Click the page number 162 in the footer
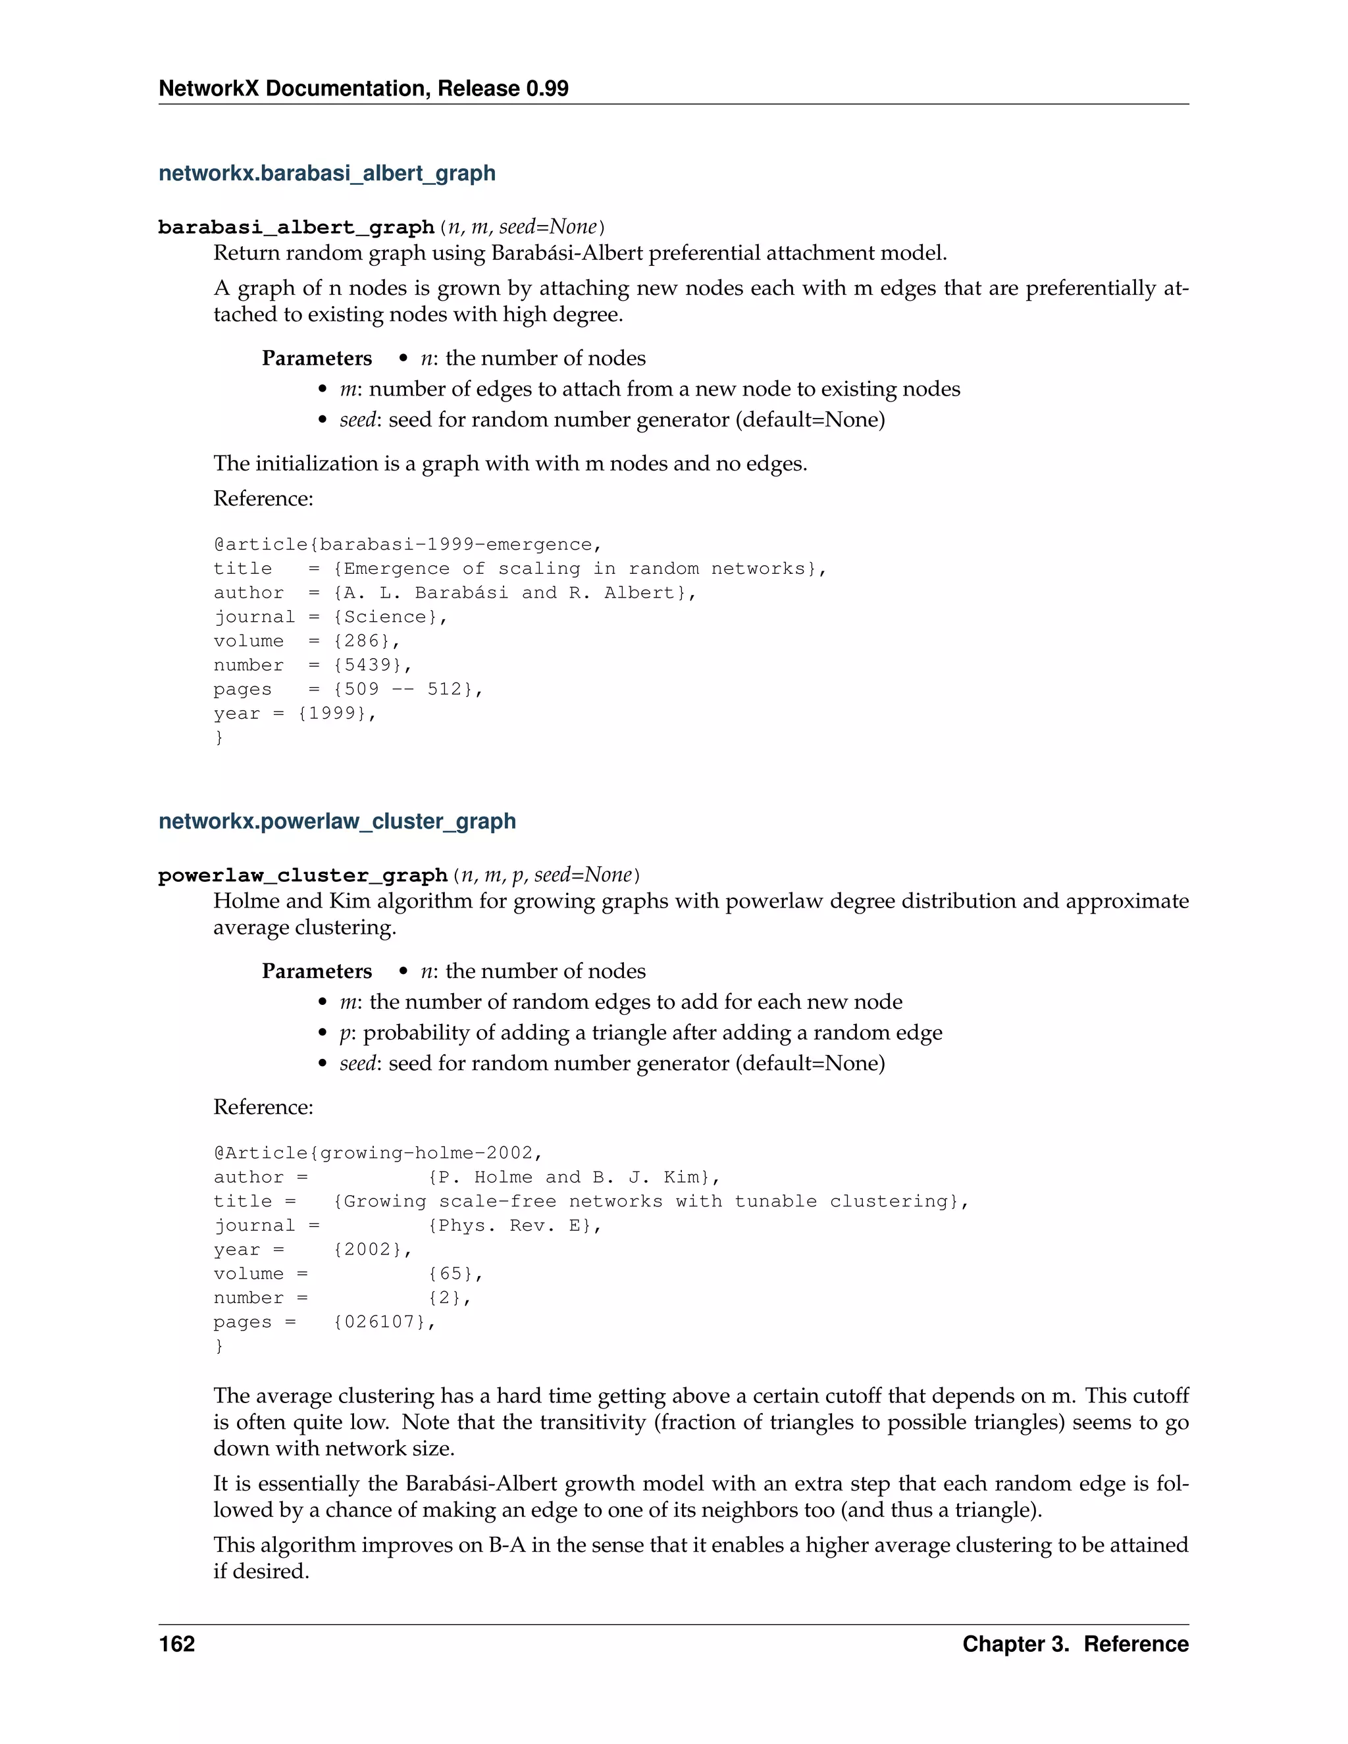tap(176, 1644)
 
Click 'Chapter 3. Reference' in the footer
tap(1075, 1644)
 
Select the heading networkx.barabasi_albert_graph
tap(326, 173)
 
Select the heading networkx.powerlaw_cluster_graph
tap(337, 822)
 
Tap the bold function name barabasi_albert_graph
tap(296, 228)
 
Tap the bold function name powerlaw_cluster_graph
tap(303, 876)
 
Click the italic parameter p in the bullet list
tap(345, 1033)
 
